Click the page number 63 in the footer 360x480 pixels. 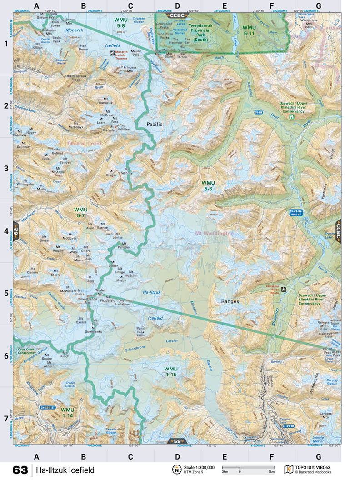(x=20, y=470)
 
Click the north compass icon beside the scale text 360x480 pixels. (x=175, y=470)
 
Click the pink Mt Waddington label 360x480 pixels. (x=214, y=234)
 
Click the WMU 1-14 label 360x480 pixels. (x=67, y=412)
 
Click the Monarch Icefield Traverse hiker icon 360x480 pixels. (x=113, y=53)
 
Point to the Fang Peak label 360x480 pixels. (x=140, y=330)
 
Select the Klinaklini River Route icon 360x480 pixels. (x=284, y=289)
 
